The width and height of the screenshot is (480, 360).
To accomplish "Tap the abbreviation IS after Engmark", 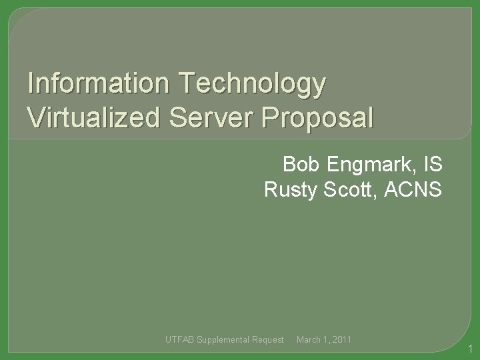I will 432,164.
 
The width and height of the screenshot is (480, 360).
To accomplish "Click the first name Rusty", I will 291,191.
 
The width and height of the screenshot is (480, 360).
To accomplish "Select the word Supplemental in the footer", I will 223,341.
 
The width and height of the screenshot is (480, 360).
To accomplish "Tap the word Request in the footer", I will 269,341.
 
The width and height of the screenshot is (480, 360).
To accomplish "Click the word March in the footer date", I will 308,341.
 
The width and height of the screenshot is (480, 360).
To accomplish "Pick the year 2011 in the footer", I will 342,341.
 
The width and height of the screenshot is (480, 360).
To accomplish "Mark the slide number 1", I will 470,349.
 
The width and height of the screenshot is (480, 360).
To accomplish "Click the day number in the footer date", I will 325,341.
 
